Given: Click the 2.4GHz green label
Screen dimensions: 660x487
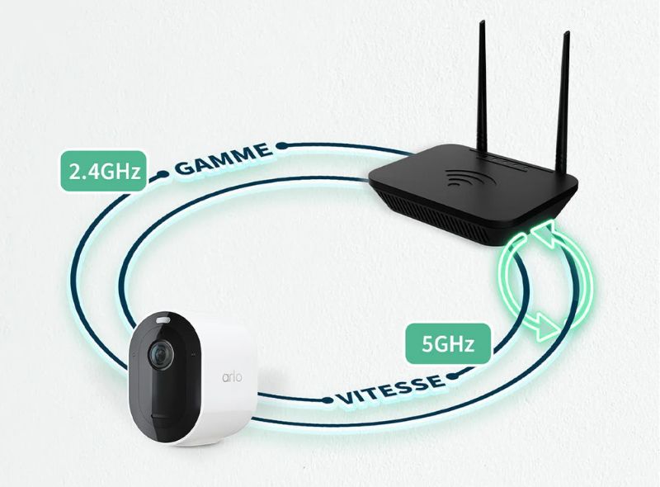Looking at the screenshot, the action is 104,171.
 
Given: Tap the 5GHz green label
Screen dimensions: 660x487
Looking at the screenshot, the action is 448,343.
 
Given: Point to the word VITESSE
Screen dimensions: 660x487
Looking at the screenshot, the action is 389,389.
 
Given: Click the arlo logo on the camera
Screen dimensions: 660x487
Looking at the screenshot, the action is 232,376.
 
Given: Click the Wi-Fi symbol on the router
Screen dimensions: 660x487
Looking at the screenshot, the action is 465,177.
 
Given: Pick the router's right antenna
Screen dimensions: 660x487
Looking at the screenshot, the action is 563,101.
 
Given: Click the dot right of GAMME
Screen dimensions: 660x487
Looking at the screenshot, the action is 282,146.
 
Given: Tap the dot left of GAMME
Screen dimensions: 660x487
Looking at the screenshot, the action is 161,174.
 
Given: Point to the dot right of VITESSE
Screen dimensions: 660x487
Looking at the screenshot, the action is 451,376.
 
